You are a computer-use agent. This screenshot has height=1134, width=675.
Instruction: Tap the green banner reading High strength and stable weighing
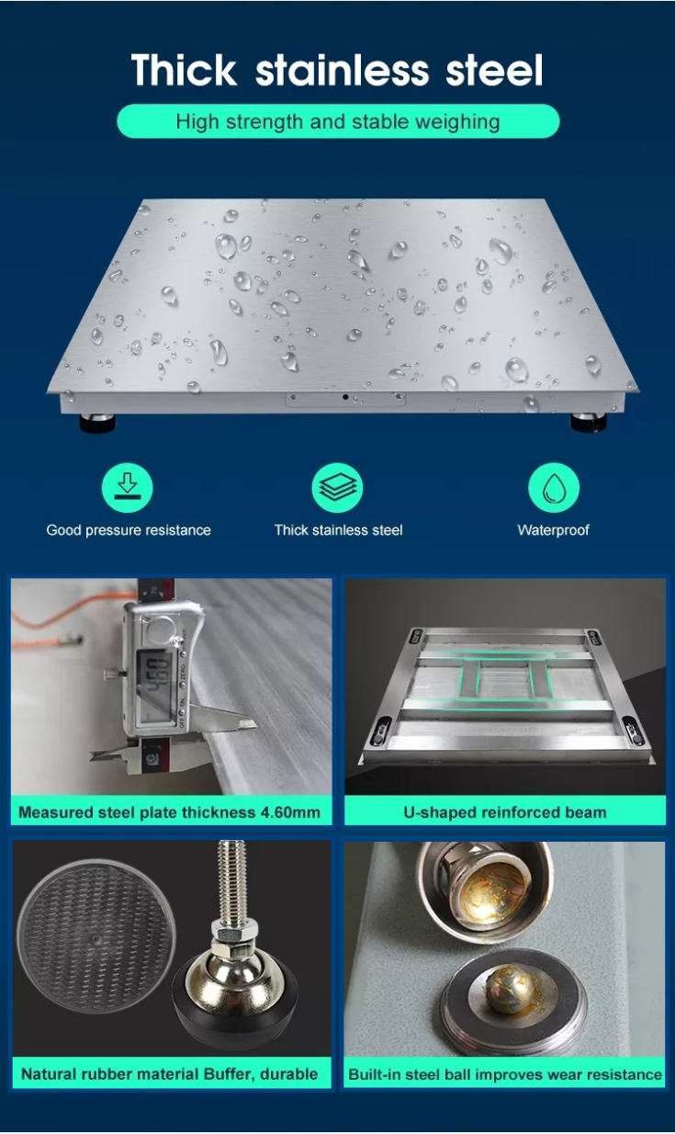[x=338, y=121]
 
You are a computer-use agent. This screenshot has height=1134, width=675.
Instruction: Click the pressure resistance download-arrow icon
[x=127, y=488]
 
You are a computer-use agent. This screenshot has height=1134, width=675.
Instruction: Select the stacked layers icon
[x=338, y=488]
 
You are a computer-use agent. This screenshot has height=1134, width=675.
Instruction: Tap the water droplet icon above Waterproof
[x=554, y=488]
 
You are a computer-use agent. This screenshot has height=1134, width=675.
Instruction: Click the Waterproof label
[x=553, y=530]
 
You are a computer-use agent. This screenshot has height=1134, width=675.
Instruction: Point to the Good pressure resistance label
[x=129, y=530]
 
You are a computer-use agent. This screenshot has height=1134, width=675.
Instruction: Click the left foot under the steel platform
[x=97, y=423]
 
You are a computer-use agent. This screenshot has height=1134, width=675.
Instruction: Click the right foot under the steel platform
[x=588, y=422]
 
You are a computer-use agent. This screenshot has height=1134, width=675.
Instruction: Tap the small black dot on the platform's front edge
[x=345, y=397]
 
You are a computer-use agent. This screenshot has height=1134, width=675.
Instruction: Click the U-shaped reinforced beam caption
[x=505, y=812]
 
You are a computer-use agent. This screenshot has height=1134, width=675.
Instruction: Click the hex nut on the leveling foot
[x=233, y=931]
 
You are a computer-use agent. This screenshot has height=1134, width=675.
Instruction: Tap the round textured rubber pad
[x=96, y=937]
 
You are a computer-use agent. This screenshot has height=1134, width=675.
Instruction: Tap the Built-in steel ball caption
[x=505, y=1074]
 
